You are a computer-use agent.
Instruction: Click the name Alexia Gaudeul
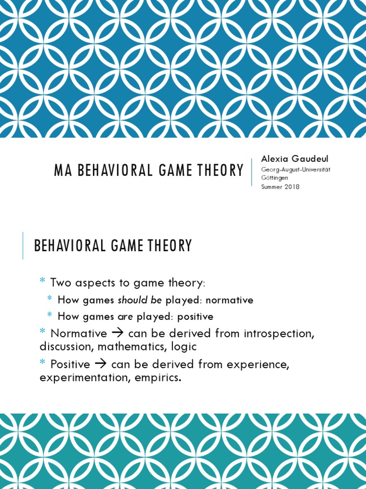295,159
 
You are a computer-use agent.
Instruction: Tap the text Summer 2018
280,187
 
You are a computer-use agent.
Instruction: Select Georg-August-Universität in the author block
295,170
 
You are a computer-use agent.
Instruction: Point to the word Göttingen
274,178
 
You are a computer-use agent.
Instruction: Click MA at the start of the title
60,170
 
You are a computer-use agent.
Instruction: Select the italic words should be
140,300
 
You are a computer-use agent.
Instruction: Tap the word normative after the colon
229,300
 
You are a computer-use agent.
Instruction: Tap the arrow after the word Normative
117,333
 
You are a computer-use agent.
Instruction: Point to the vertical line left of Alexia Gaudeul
252,172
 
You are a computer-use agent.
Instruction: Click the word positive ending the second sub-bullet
195,317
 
